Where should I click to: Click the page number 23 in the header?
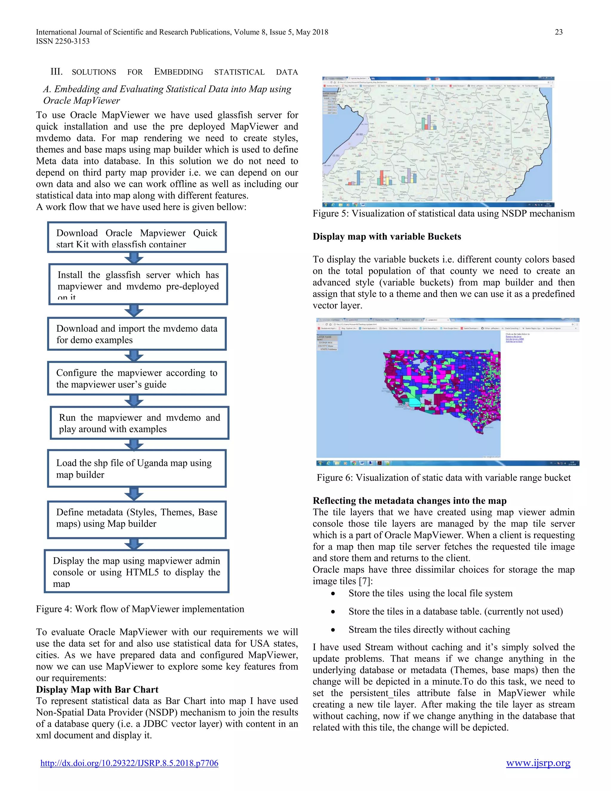click(558, 32)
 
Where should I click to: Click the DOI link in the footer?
click(129, 763)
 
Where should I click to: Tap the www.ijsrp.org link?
click(538, 763)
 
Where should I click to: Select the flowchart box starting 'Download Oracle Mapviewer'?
click(137, 237)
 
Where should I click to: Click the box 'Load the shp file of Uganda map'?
click(137, 468)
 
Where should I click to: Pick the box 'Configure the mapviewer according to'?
click(137, 378)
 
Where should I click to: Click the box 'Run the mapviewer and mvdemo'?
click(139, 423)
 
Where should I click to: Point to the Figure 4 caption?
click(140, 609)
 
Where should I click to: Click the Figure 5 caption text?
click(443, 213)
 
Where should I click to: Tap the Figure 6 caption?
click(443, 477)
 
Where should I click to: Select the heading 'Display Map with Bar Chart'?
click(97, 689)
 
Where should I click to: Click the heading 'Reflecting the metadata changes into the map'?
click(409, 501)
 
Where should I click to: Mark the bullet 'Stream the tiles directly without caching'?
click(429, 630)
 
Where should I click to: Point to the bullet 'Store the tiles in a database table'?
click(455, 611)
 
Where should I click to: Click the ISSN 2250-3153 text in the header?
click(63, 41)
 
